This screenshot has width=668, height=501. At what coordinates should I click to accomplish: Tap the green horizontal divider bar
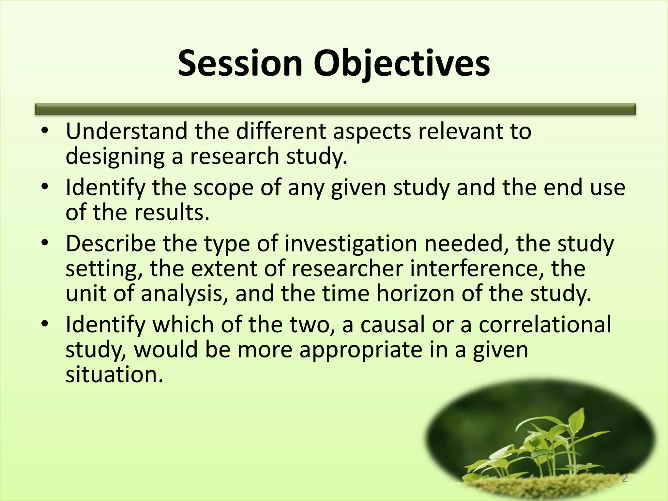tap(335, 109)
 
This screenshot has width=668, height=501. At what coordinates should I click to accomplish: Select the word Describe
tap(111, 244)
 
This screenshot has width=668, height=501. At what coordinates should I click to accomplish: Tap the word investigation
tap(351, 244)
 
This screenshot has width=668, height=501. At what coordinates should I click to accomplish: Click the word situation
tap(114, 374)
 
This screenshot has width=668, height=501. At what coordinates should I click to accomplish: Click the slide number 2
tap(624, 478)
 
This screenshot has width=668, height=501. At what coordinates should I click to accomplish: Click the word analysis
tap(184, 294)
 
